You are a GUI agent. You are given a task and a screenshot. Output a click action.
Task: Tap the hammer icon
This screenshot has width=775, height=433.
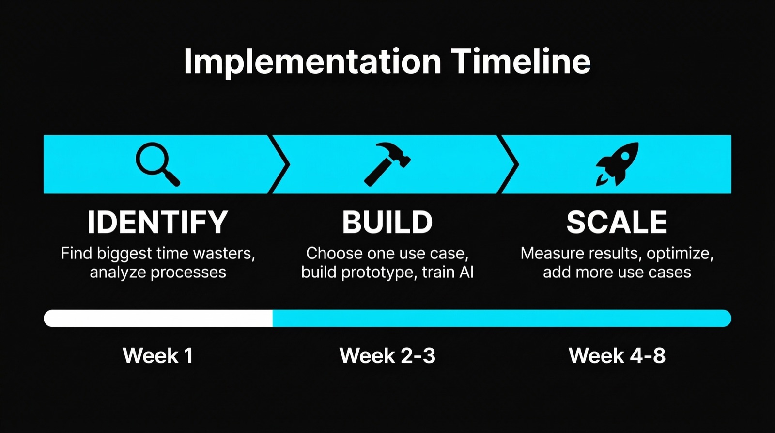pyautogui.click(x=387, y=164)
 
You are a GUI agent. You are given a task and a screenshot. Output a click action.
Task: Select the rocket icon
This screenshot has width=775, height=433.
pyautogui.click(x=617, y=164)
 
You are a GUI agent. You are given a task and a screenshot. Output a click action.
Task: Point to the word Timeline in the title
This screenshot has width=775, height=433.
pyautogui.click(x=521, y=62)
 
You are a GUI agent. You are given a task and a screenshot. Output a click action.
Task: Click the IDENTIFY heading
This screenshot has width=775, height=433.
pyautogui.click(x=157, y=222)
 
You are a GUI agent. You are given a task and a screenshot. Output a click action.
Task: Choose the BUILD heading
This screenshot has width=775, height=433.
pyautogui.click(x=387, y=222)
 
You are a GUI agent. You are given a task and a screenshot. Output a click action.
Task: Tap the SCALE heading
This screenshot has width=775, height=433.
pyautogui.click(x=617, y=222)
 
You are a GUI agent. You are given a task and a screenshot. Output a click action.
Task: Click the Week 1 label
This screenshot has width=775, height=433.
pyautogui.click(x=157, y=355)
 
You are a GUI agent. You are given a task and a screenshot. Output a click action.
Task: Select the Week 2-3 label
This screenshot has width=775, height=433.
pyautogui.click(x=387, y=355)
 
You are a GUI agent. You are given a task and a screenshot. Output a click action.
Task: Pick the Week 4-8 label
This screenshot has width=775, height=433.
pyautogui.click(x=617, y=355)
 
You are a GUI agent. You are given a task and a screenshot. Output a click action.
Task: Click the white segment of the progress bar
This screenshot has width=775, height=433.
pyautogui.click(x=157, y=318)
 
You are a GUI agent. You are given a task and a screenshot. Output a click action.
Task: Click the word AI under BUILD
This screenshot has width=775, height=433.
pyautogui.click(x=466, y=273)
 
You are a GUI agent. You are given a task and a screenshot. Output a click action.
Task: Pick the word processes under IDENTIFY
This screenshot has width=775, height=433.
pyautogui.click(x=188, y=273)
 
